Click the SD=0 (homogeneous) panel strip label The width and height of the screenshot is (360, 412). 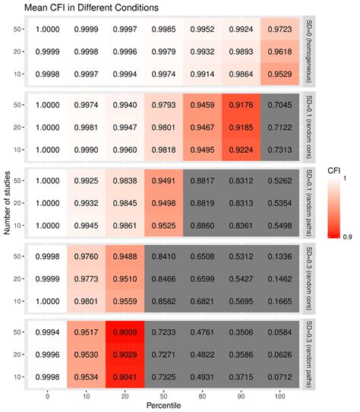pos(307,52)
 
